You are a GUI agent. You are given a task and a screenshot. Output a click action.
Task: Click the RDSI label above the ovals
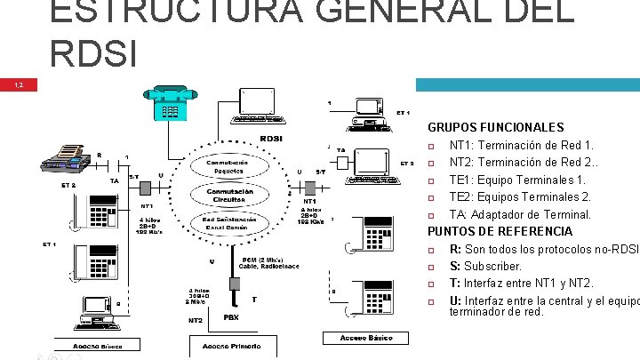coord(270,139)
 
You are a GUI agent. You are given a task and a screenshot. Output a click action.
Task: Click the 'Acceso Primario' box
coord(230,345)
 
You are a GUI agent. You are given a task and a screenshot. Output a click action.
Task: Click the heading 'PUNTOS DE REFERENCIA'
coord(500,231)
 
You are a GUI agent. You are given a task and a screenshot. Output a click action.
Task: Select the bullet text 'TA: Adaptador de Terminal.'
coord(520,214)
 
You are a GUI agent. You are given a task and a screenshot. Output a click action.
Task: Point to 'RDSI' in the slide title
coord(93,53)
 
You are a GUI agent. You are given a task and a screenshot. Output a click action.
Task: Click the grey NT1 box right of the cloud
coord(311,188)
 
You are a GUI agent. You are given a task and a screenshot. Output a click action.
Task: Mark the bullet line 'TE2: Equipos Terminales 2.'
coord(520,196)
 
